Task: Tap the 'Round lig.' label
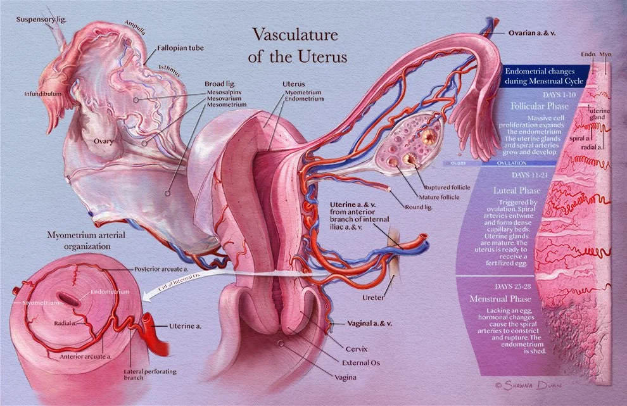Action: pos(417,206)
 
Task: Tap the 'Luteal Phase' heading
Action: pos(518,189)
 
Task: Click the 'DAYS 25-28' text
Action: pos(516,286)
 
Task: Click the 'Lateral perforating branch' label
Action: pos(150,373)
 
